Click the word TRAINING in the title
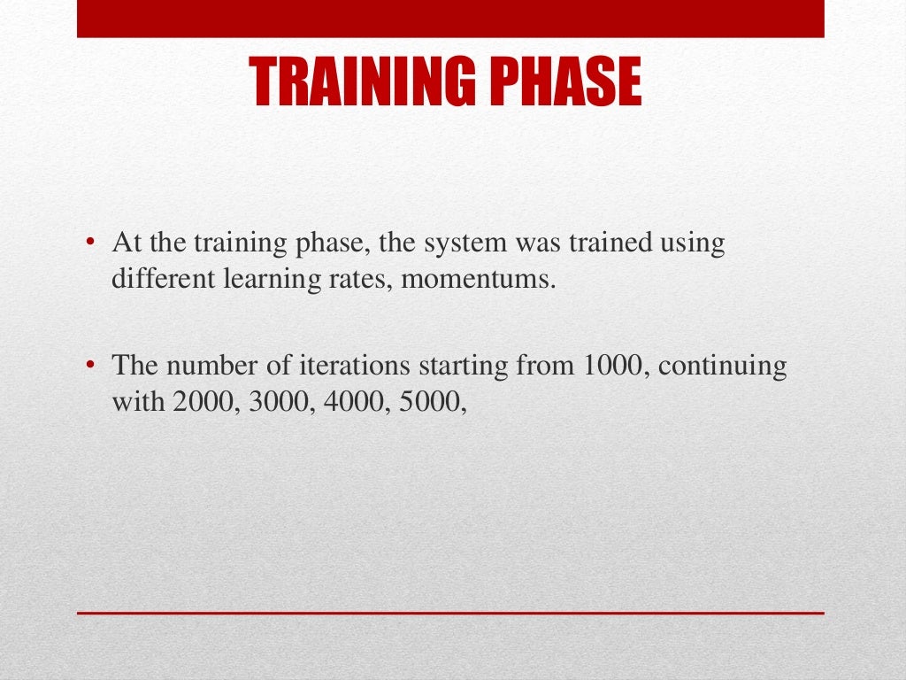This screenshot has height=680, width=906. tap(362, 81)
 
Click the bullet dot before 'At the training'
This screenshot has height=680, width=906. tap(89, 241)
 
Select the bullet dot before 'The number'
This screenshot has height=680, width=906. tap(89, 364)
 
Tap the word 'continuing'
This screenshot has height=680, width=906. tap(722, 367)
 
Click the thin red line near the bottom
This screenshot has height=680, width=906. tap(450, 613)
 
